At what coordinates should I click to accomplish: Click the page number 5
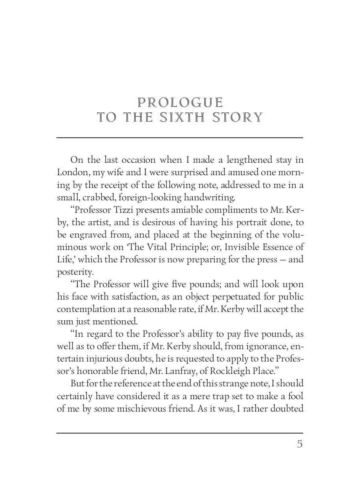pos(300,444)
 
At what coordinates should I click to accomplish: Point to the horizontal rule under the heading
pos(180,138)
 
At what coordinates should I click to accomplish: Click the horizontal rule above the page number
pos(180,433)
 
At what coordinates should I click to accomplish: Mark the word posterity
pos(74,272)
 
